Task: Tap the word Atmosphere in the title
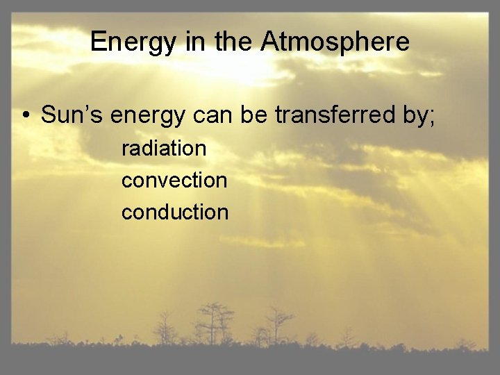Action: (x=335, y=42)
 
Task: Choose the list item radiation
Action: (x=164, y=148)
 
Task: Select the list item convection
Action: (x=174, y=180)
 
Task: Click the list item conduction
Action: (x=175, y=212)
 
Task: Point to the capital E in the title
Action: (x=98, y=42)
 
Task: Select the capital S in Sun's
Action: (x=49, y=115)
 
